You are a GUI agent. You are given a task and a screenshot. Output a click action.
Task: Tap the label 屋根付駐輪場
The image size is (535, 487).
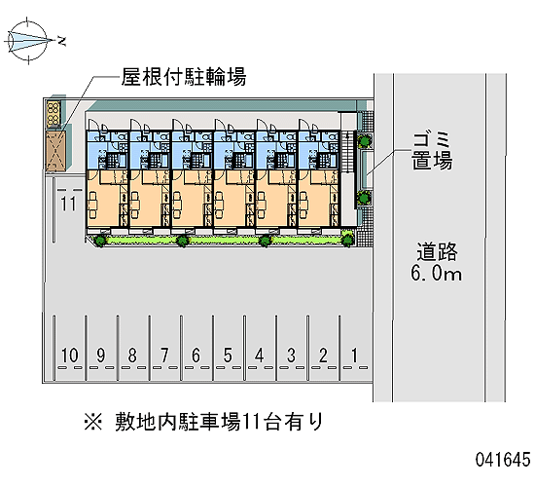point(184,77)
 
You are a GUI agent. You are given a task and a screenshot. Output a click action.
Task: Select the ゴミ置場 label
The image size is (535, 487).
point(432,151)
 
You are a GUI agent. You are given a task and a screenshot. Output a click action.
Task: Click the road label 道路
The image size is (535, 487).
point(437,252)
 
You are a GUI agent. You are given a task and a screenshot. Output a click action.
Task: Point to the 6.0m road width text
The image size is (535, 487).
point(437,273)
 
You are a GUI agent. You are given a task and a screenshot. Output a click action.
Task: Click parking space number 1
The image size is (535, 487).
point(354,356)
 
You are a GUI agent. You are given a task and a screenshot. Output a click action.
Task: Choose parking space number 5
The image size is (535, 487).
point(228,356)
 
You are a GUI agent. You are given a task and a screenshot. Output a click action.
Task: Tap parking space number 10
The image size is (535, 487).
point(70,356)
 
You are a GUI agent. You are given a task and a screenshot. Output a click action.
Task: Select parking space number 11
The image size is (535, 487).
point(68,204)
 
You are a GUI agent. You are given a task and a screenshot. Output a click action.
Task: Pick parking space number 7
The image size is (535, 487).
point(164,356)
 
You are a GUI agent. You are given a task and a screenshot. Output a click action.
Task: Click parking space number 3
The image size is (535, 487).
point(291,356)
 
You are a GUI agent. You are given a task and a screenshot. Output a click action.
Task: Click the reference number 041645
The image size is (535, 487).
point(503,459)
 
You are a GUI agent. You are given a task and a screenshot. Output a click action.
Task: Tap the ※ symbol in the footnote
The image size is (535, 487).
point(93,422)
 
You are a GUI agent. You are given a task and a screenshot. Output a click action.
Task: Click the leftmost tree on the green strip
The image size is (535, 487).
point(100,241)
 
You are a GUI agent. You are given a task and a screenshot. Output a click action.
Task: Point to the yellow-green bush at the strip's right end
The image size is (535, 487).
point(347,239)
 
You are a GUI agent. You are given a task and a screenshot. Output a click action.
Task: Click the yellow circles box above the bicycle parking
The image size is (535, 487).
point(53,113)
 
